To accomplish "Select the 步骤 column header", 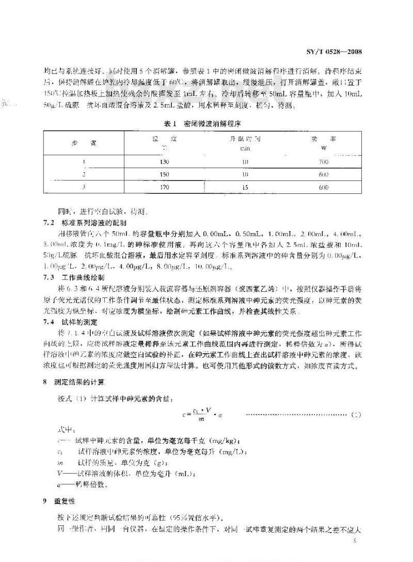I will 84,143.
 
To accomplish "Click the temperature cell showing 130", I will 165,162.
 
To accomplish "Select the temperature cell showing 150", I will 165,175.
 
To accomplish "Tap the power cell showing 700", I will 324,162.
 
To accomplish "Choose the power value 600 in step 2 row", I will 324,175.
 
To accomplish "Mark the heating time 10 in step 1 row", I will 245,162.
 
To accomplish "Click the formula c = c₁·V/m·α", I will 203,412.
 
